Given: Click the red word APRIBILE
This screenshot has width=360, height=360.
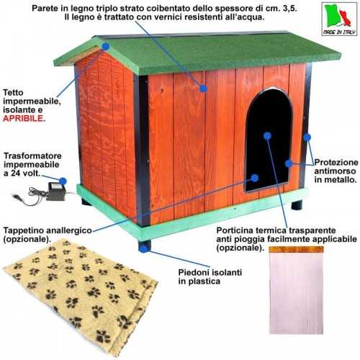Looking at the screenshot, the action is tap(23, 118).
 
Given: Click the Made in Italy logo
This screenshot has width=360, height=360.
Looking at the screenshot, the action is tap(339, 19).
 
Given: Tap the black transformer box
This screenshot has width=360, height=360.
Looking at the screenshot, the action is tap(57, 192).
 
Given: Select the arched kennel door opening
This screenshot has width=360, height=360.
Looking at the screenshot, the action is tap(269, 140).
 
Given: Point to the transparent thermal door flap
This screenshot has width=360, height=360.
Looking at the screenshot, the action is tap(296, 290).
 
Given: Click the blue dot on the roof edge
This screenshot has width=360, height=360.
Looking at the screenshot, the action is tap(106, 46).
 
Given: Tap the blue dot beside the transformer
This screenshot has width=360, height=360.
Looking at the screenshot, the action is tap(63, 181).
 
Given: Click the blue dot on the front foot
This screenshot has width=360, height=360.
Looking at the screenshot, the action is tap(143, 249).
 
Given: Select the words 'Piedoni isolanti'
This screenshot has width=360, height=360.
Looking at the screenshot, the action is tap(210, 273).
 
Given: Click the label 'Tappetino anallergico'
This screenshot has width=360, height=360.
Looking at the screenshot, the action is tap(48, 230).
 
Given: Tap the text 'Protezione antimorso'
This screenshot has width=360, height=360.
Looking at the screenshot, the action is tap(336, 167).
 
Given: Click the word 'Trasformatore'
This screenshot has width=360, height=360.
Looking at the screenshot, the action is tap(32, 156).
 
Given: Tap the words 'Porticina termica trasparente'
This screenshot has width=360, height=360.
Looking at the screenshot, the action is tap(276, 230).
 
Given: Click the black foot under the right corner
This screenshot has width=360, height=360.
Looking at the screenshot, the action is tap(297, 205).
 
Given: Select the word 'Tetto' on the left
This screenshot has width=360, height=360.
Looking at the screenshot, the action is tap(13, 93).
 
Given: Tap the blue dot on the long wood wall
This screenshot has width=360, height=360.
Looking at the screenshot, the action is tap(203, 89).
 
